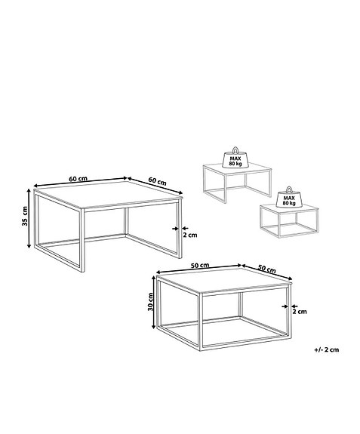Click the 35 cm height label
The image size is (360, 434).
25,217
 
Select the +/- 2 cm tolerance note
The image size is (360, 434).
328,350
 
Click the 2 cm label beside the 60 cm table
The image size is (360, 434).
191,235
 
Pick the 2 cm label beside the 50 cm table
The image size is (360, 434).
300,311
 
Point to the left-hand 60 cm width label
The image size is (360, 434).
78,178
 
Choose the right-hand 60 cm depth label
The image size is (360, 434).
157,181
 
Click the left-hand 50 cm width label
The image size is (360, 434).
200,266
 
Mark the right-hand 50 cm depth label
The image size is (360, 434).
266,269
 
